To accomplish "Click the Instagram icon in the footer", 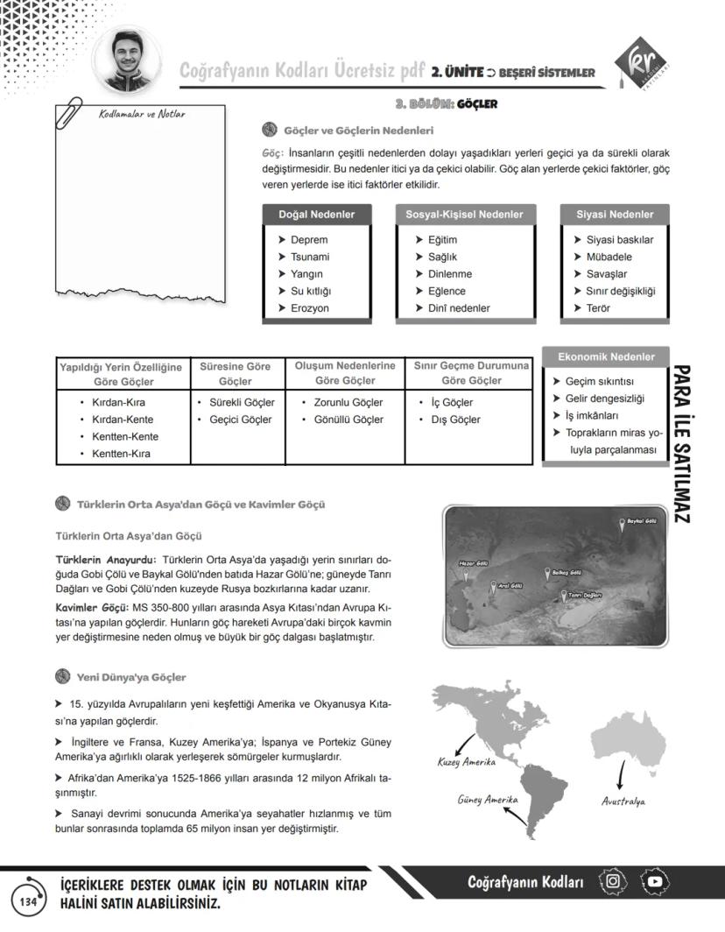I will [x=613, y=881].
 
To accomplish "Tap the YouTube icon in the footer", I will [x=655, y=881].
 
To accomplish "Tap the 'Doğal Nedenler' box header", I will [x=316, y=215].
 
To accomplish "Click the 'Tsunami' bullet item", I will [x=310, y=257].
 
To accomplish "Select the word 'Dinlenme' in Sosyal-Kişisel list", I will [x=450, y=274].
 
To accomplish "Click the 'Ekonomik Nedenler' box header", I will [x=606, y=357].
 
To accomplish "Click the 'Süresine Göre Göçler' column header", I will [x=236, y=374].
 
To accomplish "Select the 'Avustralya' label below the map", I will [x=623, y=801].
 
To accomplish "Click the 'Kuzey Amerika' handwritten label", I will [x=466, y=762].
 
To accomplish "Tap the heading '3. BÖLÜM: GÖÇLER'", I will [x=446, y=104].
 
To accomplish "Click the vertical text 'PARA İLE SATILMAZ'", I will [x=685, y=445].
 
